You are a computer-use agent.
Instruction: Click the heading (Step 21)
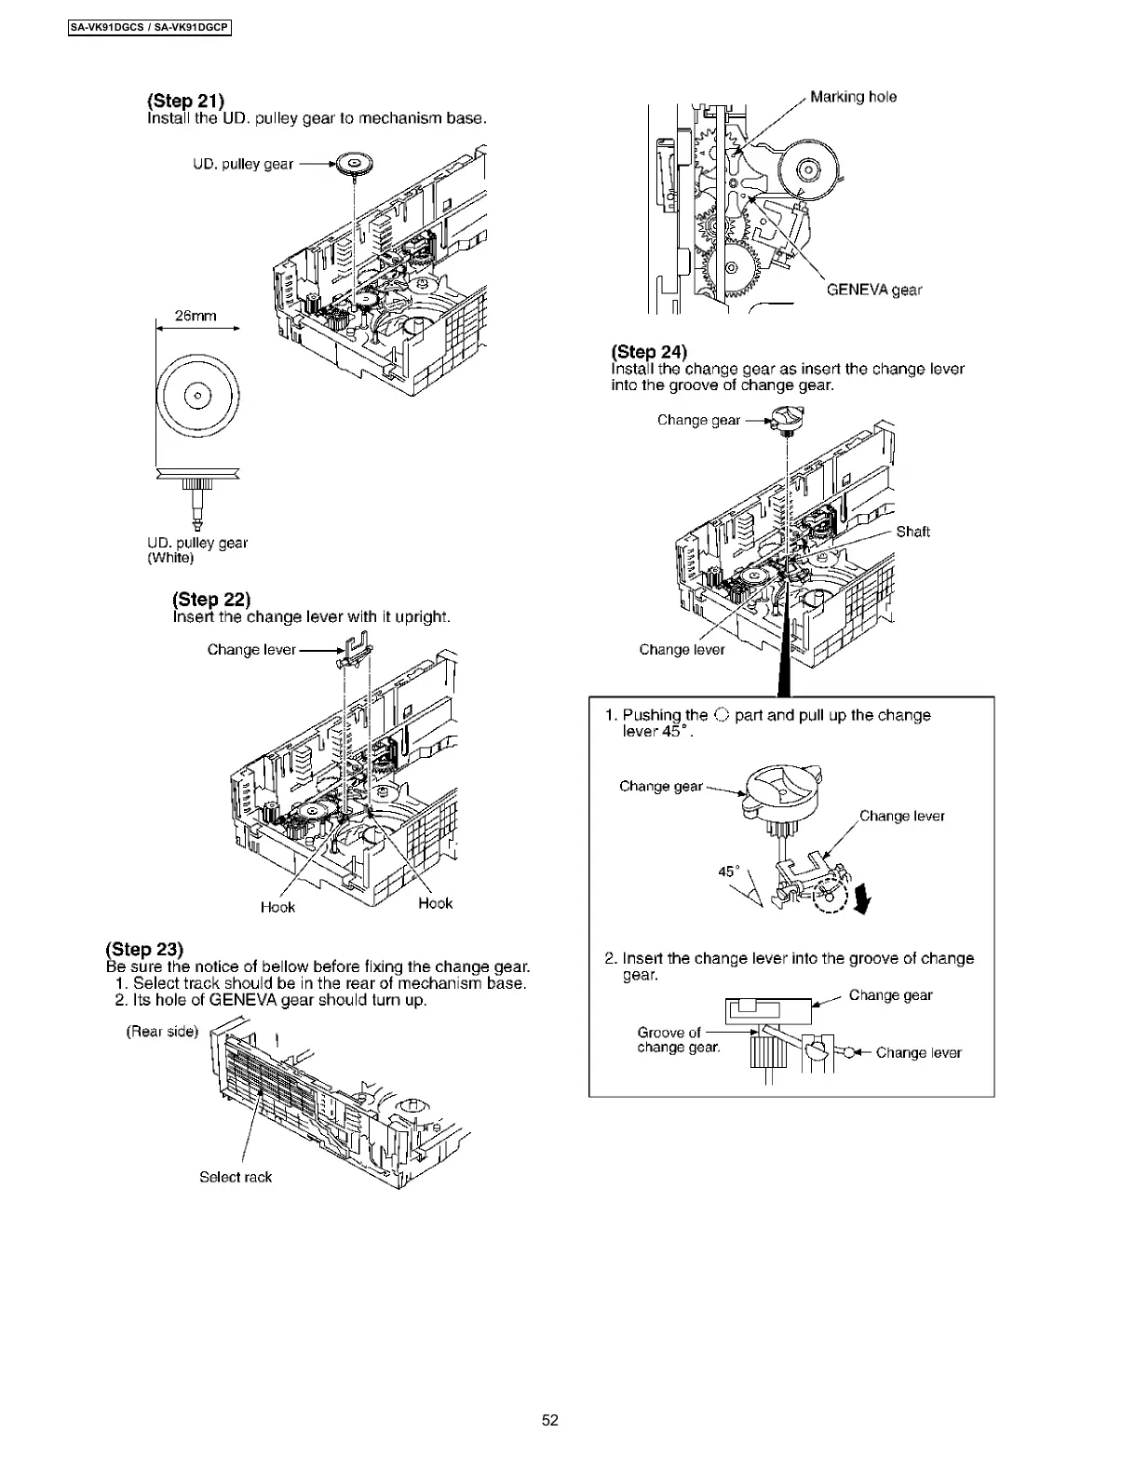(x=185, y=101)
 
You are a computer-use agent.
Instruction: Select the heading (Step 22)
(x=211, y=599)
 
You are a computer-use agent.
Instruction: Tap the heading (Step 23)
(x=144, y=949)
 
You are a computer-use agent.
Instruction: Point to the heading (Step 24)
(x=649, y=351)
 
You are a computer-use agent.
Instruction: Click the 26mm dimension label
(x=196, y=316)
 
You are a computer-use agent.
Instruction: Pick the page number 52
(x=550, y=1420)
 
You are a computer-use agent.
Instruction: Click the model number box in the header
(x=149, y=28)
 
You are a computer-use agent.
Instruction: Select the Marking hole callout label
(x=853, y=97)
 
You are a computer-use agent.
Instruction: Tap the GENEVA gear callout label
(x=874, y=290)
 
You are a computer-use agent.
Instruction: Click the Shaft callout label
(x=912, y=532)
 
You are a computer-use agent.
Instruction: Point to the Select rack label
(x=236, y=1177)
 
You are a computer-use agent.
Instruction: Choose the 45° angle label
(x=729, y=872)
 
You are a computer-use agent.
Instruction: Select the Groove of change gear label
(x=678, y=1039)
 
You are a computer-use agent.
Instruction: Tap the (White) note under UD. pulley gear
(x=170, y=558)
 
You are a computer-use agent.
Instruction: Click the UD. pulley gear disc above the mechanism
(x=355, y=164)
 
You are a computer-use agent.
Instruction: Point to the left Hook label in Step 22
(x=277, y=907)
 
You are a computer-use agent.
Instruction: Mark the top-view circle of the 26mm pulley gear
(x=197, y=395)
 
